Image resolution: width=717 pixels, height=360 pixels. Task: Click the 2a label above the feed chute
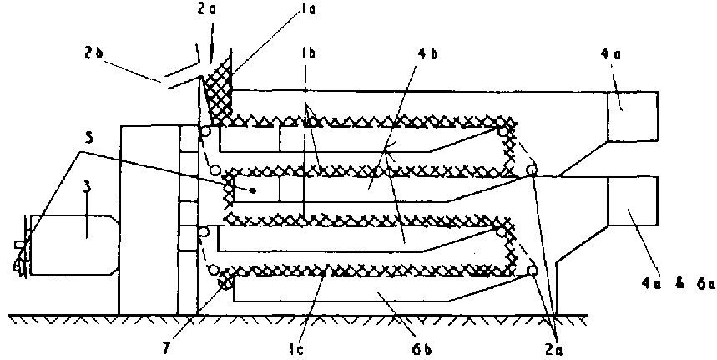pyautogui.click(x=205, y=10)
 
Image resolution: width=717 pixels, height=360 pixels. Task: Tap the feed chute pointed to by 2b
pyautogui.click(x=179, y=75)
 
